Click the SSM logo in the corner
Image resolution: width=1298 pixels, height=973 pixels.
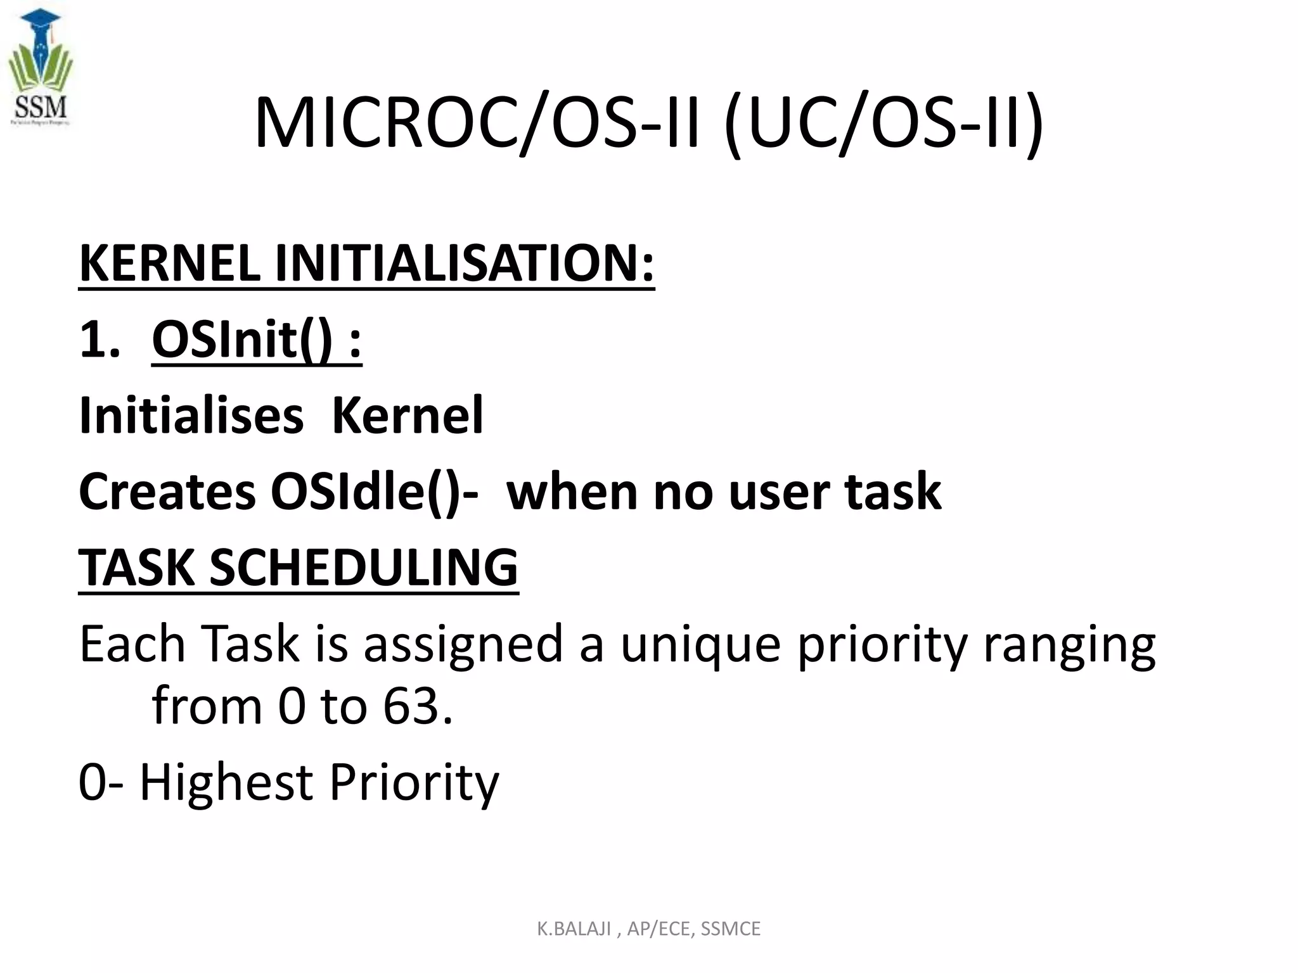pyautogui.click(x=41, y=68)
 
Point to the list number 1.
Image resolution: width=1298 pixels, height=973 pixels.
pyautogui.click(x=98, y=340)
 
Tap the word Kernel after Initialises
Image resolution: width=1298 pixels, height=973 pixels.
pyautogui.click(x=408, y=416)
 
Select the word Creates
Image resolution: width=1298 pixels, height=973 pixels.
pyautogui.click(x=167, y=492)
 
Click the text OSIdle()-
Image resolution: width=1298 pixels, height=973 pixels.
pyautogui.click(x=374, y=492)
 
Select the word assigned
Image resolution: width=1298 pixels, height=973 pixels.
pyautogui.click(x=463, y=644)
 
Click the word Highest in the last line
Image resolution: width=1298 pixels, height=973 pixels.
pyautogui.click(x=226, y=782)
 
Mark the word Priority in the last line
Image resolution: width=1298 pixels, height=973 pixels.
pyautogui.click(x=414, y=783)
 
